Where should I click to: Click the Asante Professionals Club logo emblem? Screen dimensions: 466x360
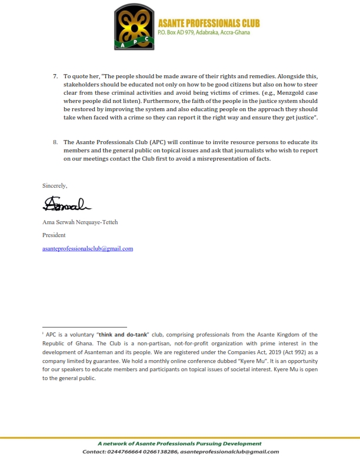point(135,27)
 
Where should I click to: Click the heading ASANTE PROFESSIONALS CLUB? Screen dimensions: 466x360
point(209,23)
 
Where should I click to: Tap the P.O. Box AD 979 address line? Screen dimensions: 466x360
point(204,32)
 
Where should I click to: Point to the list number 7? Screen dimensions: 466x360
point(55,76)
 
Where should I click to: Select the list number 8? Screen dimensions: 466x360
point(55,142)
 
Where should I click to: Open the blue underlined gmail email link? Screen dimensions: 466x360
point(88,248)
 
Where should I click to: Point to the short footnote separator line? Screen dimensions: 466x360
point(84,327)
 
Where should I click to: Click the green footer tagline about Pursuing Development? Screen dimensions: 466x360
point(179,444)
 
